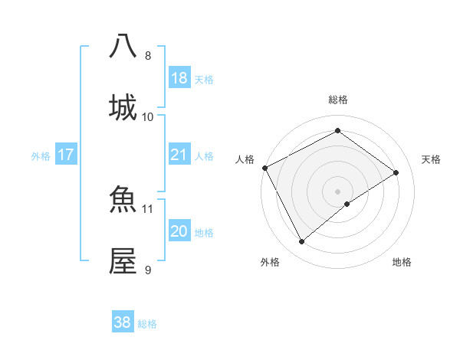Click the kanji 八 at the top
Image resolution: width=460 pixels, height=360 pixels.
point(123,46)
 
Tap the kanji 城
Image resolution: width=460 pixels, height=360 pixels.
point(123,107)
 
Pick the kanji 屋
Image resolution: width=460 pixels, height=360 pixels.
point(123,260)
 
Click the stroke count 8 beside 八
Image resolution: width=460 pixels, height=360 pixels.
point(148,56)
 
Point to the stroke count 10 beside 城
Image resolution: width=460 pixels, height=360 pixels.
point(148,116)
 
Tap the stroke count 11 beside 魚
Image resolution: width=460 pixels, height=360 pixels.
point(148,208)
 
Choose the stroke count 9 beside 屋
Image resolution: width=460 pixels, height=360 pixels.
point(148,269)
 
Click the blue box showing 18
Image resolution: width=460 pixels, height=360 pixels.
point(179,78)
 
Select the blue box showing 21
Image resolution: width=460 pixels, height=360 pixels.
point(179,155)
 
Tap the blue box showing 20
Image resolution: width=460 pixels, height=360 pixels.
point(179,231)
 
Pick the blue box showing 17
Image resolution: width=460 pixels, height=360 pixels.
point(66,155)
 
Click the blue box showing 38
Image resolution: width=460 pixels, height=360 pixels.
point(123,322)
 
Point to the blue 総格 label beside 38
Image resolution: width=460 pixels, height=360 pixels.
point(147,324)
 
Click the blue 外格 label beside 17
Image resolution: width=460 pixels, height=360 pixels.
point(41,156)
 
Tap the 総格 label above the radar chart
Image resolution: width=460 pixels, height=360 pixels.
point(338,100)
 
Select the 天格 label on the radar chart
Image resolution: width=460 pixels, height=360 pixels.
point(431,159)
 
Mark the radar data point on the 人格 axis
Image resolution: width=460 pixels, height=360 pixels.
point(264,168)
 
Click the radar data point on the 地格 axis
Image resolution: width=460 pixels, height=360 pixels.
point(347,204)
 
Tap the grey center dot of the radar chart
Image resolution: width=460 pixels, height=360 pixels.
point(337,191)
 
